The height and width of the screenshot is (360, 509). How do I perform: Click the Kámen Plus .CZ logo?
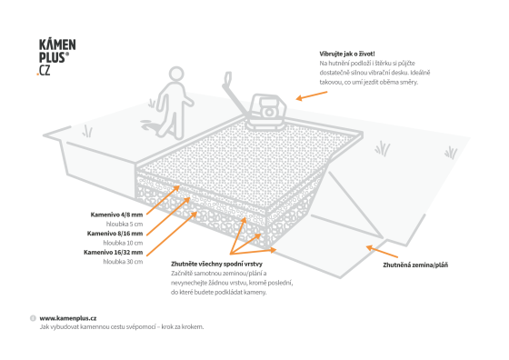(x=56, y=57)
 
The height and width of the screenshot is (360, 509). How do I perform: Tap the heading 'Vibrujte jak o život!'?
(x=347, y=54)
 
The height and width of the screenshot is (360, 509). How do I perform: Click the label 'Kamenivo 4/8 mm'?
(x=116, y=215)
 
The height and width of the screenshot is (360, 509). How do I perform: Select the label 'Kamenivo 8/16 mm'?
(x=115, y=234)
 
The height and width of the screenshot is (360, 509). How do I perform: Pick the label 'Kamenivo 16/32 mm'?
(x=114, y=252)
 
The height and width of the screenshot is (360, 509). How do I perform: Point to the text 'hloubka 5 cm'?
(x=125, y=224)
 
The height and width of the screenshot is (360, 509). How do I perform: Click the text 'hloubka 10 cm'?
(x=123, y=243)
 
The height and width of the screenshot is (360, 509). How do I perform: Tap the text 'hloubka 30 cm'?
(x=123, y=262)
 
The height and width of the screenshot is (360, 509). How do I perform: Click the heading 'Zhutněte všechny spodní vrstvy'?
(x=216, y=264)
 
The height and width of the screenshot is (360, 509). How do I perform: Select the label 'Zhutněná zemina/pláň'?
(x=415, y=265)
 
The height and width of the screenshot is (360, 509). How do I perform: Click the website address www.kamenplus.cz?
(x=68, y=318)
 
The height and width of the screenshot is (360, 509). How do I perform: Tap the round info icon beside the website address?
(x=33, y=318)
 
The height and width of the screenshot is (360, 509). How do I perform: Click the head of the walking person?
(x=176, y=74)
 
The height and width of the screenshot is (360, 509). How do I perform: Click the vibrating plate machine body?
(x=267, y=112)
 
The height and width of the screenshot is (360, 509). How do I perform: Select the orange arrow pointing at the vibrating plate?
(x=312, y=95)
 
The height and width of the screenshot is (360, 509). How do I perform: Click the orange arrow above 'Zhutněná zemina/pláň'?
(x=382, y=252)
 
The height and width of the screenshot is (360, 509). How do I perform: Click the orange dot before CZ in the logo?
(x=37, y=75)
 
